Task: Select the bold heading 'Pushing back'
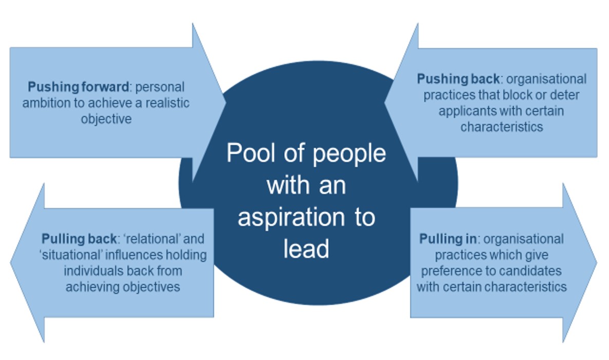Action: click(x=458, y=79)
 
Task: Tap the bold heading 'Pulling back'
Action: click(x=78, y=239)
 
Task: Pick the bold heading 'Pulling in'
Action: click(x=450, y=239)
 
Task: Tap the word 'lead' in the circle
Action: click(x=306, y=249)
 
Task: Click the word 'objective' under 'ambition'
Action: click(x=106, y=119)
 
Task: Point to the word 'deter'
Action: click(x=571, y=95)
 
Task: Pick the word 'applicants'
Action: click(x=465, y=111)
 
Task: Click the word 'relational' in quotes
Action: click(x=150, y=239)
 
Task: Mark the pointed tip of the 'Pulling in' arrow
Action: click(x=597, y=263)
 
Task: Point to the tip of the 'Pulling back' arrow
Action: click(x=11, y=263)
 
